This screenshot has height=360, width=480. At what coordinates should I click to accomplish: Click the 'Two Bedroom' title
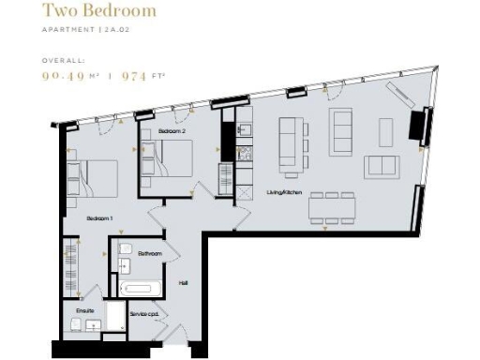click(98, 12)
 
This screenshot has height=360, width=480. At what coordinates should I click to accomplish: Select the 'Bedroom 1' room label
click(99, 218)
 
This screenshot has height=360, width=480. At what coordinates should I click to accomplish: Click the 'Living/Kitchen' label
click(285, 191)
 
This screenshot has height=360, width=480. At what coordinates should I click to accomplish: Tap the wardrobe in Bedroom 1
click(69, 263)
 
